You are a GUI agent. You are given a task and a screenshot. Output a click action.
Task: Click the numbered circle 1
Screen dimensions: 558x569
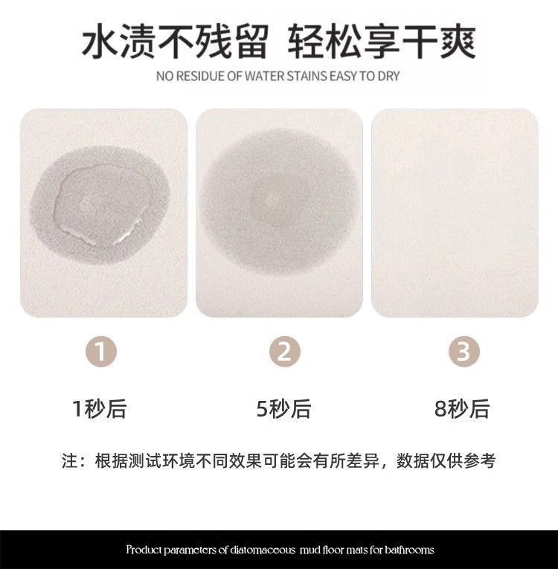coord(101,351)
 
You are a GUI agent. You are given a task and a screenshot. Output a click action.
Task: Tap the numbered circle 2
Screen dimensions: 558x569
coord(285,351)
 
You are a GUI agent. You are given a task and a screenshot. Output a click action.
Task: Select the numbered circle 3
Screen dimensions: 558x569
coord(464,351)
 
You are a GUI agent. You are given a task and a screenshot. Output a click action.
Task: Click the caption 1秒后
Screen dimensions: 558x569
coord(100,409)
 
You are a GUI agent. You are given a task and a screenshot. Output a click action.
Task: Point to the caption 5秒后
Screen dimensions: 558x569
coord(283,409)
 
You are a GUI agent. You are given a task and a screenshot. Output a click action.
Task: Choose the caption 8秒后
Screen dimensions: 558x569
coord(462,409)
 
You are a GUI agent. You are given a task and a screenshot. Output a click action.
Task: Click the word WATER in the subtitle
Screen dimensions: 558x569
coord(265,76)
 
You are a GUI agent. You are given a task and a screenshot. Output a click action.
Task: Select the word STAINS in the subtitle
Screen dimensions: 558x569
coord(307,76)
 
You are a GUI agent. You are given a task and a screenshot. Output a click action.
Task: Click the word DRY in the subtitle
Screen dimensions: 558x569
coord(388,76)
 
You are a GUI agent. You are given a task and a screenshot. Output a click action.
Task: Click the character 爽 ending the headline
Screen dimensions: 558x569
coord(458,41)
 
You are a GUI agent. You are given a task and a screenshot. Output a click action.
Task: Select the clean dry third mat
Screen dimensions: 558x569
coord(455,213)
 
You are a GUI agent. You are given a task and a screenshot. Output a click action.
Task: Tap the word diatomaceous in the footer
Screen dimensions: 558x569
coord(263,550)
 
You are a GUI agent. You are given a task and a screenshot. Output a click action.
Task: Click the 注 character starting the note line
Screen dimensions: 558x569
coord(70,461)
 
